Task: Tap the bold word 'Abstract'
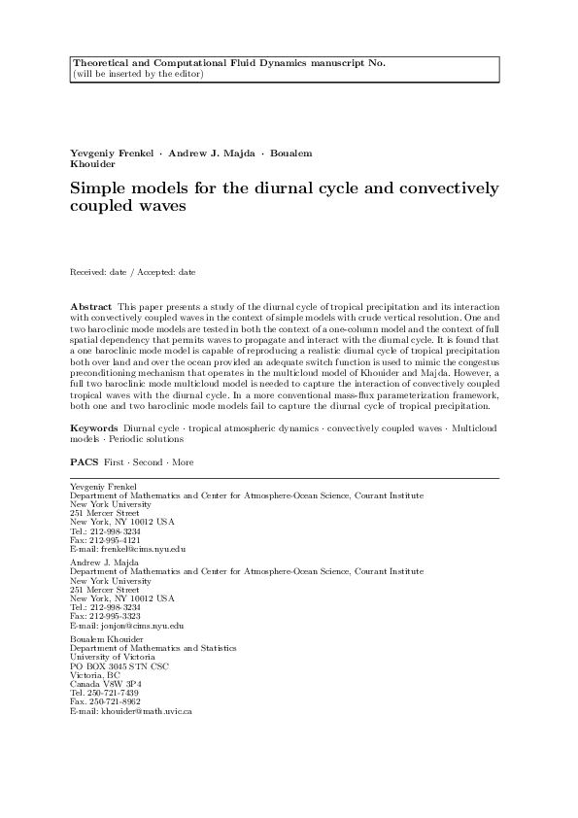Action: pos(90,306)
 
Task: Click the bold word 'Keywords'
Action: pos(94,427)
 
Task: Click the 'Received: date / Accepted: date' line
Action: pos(133,273)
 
